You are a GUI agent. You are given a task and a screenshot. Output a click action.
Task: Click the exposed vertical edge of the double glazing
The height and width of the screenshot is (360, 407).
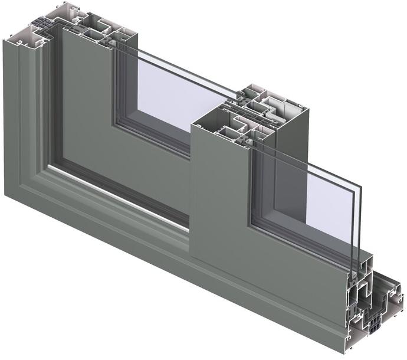tap(357, 236)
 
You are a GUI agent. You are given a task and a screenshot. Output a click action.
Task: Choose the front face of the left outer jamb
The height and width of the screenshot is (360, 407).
tap(24, 118)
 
